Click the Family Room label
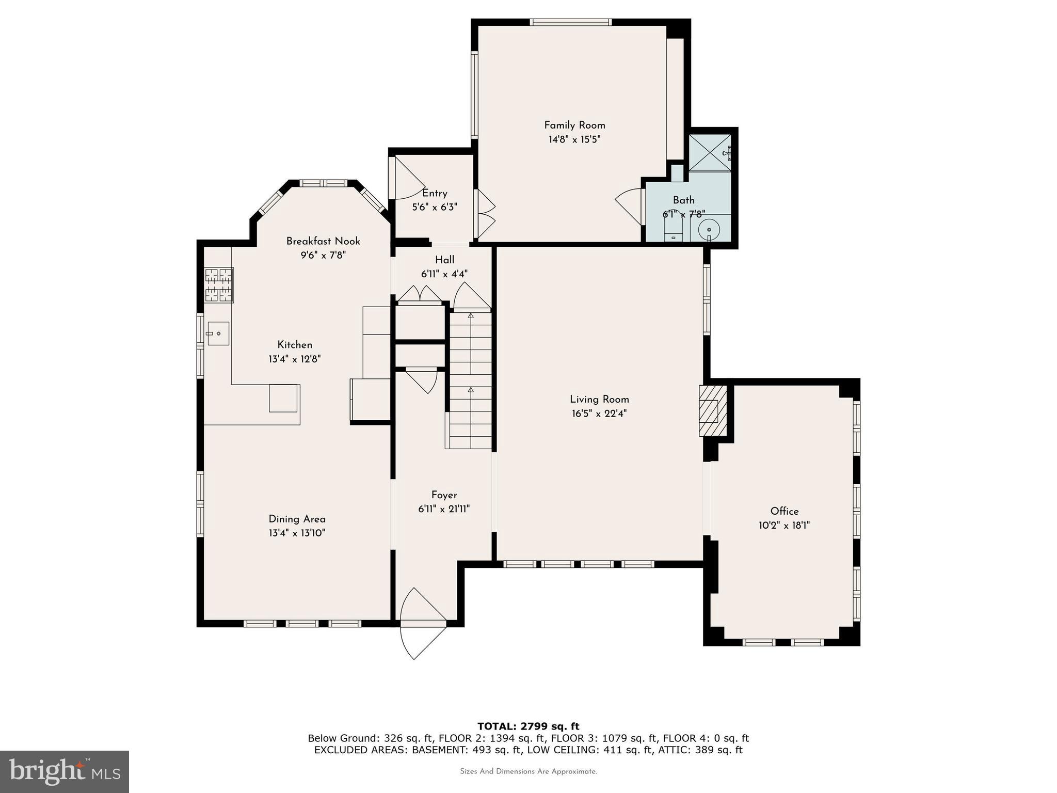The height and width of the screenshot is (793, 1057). click(x=574, y=125)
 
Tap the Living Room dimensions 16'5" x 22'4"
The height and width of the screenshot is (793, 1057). click(x=599, y=414)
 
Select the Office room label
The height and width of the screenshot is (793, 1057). click(x=784, y=511)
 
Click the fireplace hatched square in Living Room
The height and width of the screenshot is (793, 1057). click(x=708, y=411)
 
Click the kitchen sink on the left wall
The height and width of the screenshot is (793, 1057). click(x=218, y=334)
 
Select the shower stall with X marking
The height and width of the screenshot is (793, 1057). click(x=710, y=153)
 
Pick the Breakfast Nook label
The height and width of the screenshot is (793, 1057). click(x=323, y=241)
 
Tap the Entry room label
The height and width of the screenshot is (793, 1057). click(x=435, y=193)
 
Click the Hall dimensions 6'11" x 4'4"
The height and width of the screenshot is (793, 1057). click(x=444, y=274)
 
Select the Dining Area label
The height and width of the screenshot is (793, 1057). click(x=297, y=519)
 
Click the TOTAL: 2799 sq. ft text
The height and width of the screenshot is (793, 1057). click(x=528, y=726)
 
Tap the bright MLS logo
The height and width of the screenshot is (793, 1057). click(x=65, y=771)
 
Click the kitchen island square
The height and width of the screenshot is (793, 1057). click(x=283, y=398)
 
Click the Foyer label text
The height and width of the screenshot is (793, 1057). click(x=444, y=495)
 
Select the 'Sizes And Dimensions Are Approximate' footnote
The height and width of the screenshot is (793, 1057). click(x=528, y=771)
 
